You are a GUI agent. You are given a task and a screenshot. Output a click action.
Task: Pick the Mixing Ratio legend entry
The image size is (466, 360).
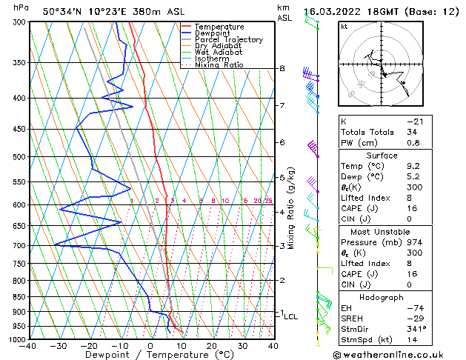tap(219, 65)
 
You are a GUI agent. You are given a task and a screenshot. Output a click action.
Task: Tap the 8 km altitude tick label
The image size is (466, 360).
tap(282, 69)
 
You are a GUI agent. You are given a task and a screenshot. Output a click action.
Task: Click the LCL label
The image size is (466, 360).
tap(291, 316)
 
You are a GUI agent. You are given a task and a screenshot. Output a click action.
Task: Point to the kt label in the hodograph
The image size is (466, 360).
tap(344, 27)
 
